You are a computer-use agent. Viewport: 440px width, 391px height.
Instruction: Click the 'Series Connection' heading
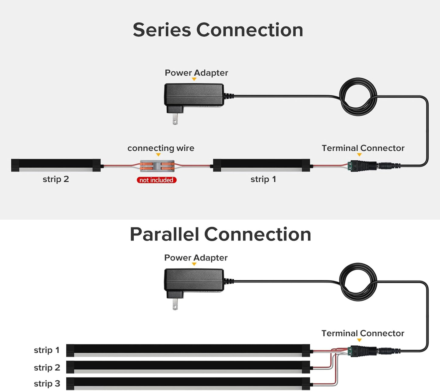(218, 30)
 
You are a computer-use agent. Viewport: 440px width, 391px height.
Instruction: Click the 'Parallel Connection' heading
(220, 234)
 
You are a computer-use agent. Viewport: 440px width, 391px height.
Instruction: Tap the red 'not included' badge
(157, 180)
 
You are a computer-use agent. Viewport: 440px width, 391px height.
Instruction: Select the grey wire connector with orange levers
(157, 166)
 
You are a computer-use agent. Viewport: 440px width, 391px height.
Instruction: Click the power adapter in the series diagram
(194, 95)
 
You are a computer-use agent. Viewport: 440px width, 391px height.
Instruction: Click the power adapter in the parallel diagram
(194, 280)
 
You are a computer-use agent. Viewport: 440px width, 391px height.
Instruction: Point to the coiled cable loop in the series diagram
(358, 97)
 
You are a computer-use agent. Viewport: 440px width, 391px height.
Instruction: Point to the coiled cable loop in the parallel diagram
(358, 282)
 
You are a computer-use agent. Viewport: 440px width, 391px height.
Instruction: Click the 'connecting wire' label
(161, 148)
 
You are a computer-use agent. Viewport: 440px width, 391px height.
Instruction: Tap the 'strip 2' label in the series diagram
(56, 179)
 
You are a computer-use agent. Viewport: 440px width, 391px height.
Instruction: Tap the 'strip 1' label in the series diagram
(263, 179)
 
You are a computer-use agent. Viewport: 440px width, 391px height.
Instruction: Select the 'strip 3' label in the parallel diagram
(47, 384)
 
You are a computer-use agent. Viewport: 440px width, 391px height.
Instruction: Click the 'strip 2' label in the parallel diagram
(47, 368)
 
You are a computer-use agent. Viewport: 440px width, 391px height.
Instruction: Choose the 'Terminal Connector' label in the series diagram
(363, 148)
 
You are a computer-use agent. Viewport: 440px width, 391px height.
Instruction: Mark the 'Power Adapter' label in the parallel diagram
(196, 258)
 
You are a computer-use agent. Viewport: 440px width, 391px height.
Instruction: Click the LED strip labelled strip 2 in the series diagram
(56, 165)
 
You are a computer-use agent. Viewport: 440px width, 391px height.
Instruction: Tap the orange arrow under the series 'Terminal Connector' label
(359, 155)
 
